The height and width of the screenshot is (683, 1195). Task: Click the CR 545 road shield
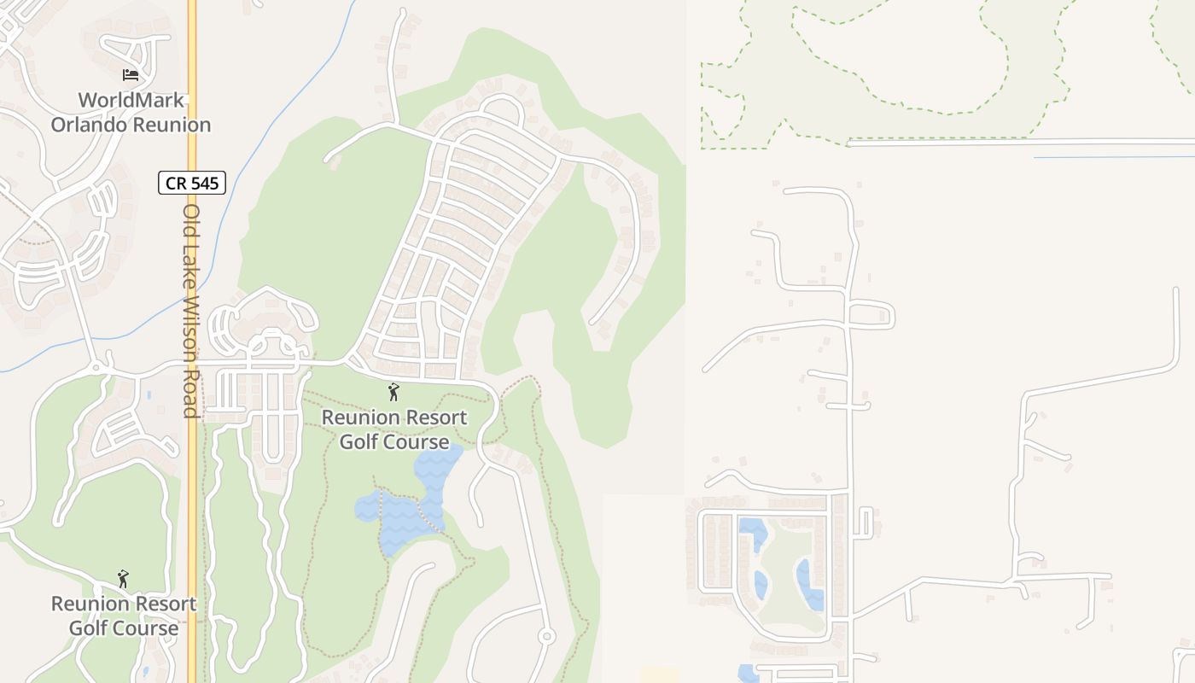(192, 183)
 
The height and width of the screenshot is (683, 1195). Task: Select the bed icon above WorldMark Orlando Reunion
(131, 75)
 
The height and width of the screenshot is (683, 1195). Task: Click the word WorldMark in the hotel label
(131, 100)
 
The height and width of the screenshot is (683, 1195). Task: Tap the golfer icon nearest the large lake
(393, 392)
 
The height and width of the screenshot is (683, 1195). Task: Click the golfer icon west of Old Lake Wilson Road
(124, 579)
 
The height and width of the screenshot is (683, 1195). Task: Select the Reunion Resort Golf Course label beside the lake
(393, 429)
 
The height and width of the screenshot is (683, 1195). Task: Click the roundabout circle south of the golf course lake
(547, 636)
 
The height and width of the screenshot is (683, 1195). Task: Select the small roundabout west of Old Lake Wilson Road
(96, 367)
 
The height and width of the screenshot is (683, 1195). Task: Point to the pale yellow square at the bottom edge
(659, 674)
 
